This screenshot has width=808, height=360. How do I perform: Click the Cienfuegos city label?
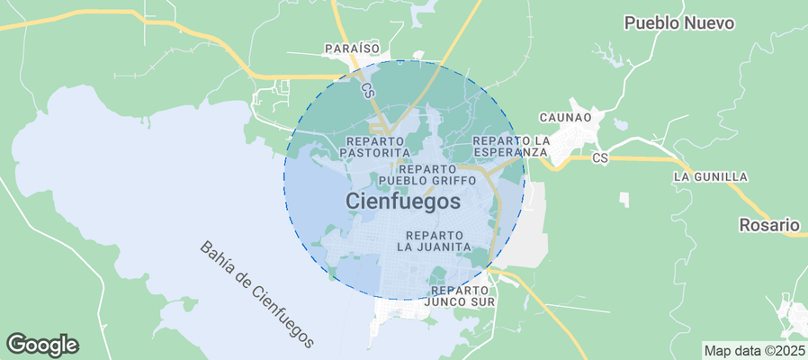pyautogui.click(x=402, y=202)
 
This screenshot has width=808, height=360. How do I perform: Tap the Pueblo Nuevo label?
pyautogui.click(x=679, y=23)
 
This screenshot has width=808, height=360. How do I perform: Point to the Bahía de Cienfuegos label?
pyautogui.click(x=257, y=294)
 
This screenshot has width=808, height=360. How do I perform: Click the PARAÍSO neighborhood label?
pyautogui.click(x=352, y=48)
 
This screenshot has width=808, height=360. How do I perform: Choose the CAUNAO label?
pyautogui.click(x=565, y=118)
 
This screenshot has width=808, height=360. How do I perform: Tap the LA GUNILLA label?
pyautogui.click(x=710, y=177)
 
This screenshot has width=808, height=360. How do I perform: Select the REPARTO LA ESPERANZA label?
pyautogui.click(x=510, y=147)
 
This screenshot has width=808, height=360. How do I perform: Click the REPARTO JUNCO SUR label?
pyautogui.click(x=462, y=296)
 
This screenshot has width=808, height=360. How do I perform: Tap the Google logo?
pyautogui.click(x=42, y=344)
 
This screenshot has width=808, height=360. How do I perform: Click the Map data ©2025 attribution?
pyautogui.click(x=754, y=350)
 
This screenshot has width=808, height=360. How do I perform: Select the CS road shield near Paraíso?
pyautogui.click(x=367, y=90)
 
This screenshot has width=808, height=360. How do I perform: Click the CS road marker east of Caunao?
pyautogui.click(x=602, y=158)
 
